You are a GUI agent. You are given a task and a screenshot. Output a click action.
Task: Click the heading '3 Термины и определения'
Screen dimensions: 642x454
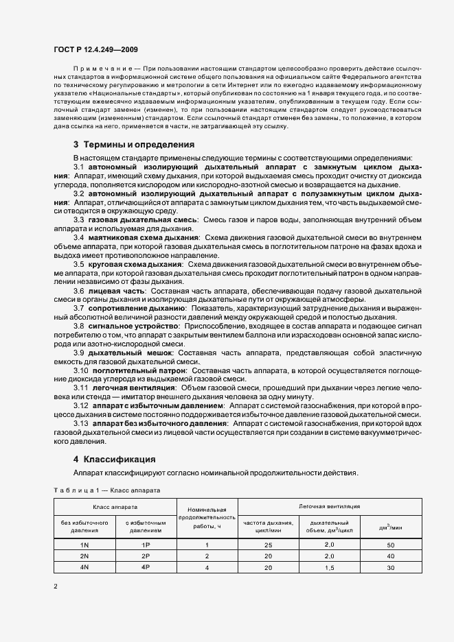(134, 145)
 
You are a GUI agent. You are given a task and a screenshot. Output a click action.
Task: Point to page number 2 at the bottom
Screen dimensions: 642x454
(56, 586)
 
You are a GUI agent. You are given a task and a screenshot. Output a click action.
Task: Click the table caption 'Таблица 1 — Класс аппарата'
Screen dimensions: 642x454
(106, 491)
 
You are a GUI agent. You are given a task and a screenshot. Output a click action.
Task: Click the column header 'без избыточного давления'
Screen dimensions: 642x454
(84, 526)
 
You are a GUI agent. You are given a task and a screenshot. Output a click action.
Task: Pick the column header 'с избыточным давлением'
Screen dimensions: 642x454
(146, 526)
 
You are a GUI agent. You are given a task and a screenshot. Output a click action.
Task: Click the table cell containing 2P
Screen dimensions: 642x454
(146, 556)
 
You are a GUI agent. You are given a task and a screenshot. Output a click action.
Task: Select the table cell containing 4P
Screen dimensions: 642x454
(146, 567)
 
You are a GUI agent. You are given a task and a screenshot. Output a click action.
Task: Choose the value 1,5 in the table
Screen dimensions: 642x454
(329, 567)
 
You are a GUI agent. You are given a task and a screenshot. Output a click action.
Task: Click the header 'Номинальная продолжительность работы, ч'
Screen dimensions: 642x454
(207, 517)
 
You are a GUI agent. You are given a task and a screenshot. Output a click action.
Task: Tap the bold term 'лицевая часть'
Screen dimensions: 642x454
(115, 291)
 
